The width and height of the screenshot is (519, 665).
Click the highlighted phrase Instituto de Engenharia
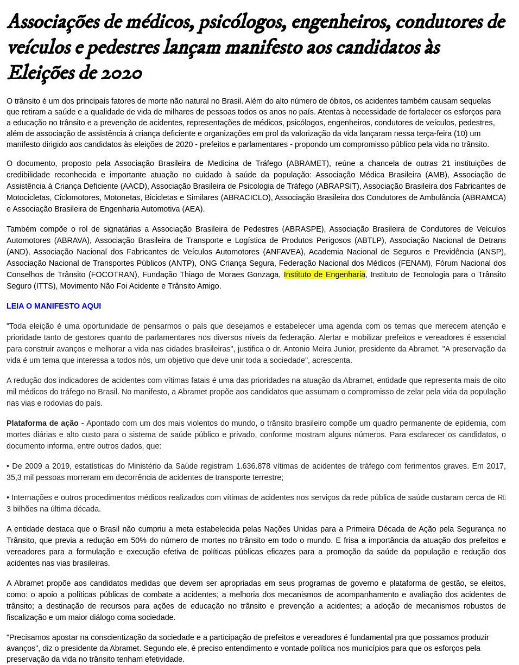(x=324, y=274)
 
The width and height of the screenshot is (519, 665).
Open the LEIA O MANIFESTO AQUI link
(x=54, y=306)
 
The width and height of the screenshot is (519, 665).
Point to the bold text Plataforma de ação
(x=45, y=423)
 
